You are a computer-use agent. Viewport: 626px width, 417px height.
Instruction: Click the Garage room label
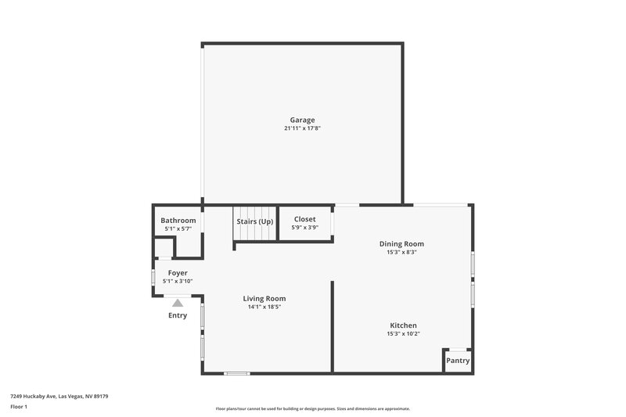pyautogui.click(x=302, y=120)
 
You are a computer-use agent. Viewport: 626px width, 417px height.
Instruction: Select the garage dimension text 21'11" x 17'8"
pyautogui.click(x=302, y=128)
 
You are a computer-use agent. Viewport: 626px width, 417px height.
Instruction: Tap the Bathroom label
pyautogui.click(x=178, y=221)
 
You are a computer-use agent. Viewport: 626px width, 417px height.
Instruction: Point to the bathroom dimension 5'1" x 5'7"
pyautogui.click(x=178, y=228)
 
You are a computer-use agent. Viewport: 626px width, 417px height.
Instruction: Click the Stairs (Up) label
pyautogui.click(x=255, y=221)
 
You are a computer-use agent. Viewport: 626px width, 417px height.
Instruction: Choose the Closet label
pyautogui.click(x=304, y=220)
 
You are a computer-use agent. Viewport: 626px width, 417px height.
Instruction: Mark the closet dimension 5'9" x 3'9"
pyautogui.click(x=304, y=228)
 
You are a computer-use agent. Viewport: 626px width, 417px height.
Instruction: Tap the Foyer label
pyautogui.click(x=178, y=273)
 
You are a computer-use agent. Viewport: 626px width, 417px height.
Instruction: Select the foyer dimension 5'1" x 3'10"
pyautogui.click(x=178, y=281)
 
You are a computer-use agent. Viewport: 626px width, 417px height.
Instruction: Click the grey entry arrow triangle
pyautogui.click(x=178, y=302)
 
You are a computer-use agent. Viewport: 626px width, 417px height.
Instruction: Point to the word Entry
pyautogui.click(x=178, y=315)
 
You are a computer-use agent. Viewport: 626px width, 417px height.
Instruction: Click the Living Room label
pyautogui.click(x=264, y=298)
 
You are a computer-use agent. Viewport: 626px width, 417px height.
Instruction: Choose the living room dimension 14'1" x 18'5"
pyautogui.click(x=264, y=307)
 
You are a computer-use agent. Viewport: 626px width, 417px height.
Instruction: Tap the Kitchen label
pyautogui.click(x=403, y=325)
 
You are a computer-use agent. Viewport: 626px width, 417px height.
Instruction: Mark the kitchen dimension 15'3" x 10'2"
pyautogui.click(x=403, y=334)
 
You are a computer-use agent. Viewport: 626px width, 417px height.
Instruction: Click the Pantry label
pyautogui.click(x=458, y=361)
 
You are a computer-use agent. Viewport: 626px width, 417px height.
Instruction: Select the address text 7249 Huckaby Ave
pyautogui.click(x=38, y=396)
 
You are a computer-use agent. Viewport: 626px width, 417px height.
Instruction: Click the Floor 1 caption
pyautogui.click(x=19, y=407)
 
